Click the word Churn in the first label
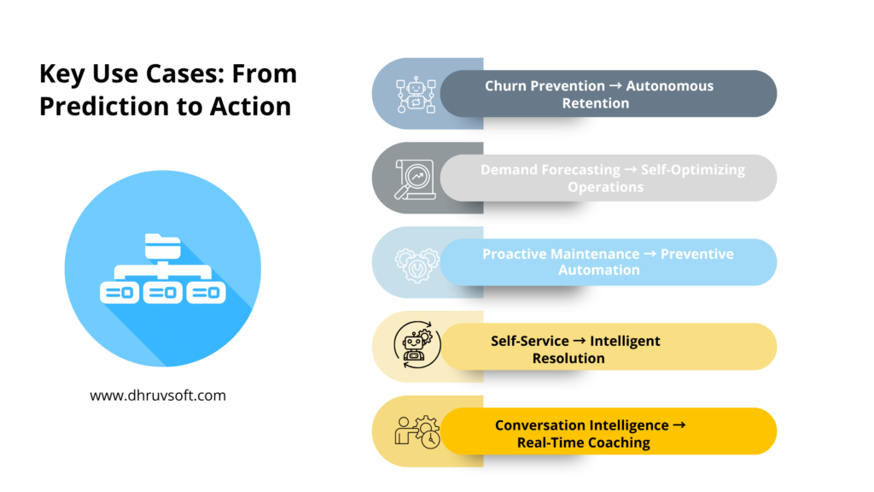pos(505,85)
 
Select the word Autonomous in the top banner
pos(670,85)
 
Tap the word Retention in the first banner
pos(595,103)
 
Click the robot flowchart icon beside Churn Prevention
pos(416,94)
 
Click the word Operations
pos(605,187)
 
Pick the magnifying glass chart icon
pos(415,179)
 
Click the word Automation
pos(598,270)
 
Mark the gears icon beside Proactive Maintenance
pos(417,262)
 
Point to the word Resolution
pos(568,358)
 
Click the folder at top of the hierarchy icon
pos(162,245)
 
